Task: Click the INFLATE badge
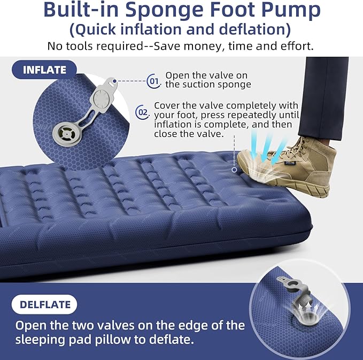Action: [x=44, y=70]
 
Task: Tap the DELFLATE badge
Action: [x=44, y=304]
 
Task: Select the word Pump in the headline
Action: [x=291, y=10]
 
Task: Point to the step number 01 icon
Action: [x=154, y=81]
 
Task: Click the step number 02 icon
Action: [x=142, y=112]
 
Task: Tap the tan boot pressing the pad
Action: [x=287, y=166]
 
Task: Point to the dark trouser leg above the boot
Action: [x=324, y=98]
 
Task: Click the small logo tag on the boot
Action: [x=290, y=163]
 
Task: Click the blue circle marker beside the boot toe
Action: [x=234, y=170]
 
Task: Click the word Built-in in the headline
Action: [x=81, y=10]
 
